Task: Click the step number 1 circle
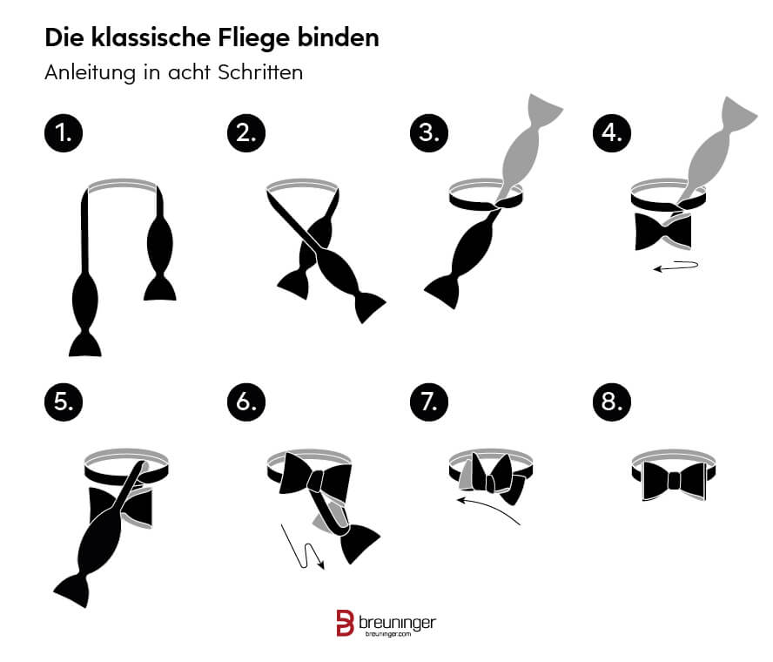pyautogui.click(x=64, y=133)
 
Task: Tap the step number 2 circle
pyautogui.click(x=246, y=133)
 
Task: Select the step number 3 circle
pyautogui.click(x=429, y=133)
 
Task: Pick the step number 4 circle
pyautogui.click(x=611, y=133)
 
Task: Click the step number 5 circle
pyautogui.click(x=64, y=402)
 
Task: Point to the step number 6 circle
pyautogui.click(x=246, y=402)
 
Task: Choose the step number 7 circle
pyautogui.click(x=429, y=402)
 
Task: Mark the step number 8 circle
pyautogui.click(x=611, y=402)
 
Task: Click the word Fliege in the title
pyautogui.click(x=253, y=39)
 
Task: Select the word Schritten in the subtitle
pyautogui.click(x=260, y=72)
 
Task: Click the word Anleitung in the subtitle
pyautogui.click(x=90, y=73)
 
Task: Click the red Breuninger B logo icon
pyautogui.click(x=345, y=623)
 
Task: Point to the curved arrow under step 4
pyautogui.click(x=676, y=267)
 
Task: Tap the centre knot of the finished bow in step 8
pyautogui.click(x=674, y=481)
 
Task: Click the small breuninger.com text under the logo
pyautogui.click(x=388, y=634)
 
